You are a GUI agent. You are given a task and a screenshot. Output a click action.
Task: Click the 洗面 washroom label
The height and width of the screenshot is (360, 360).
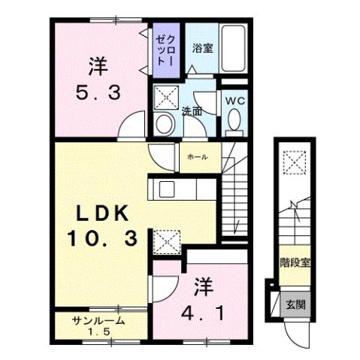(x=192, y=110)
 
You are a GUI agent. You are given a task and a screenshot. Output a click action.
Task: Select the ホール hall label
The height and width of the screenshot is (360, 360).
(x=197, y=158)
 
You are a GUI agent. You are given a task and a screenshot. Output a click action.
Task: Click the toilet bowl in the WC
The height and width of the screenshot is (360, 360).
(x=233, y=120)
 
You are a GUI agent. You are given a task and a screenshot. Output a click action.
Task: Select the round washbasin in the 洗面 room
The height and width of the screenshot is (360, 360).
(x=163, y=123)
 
